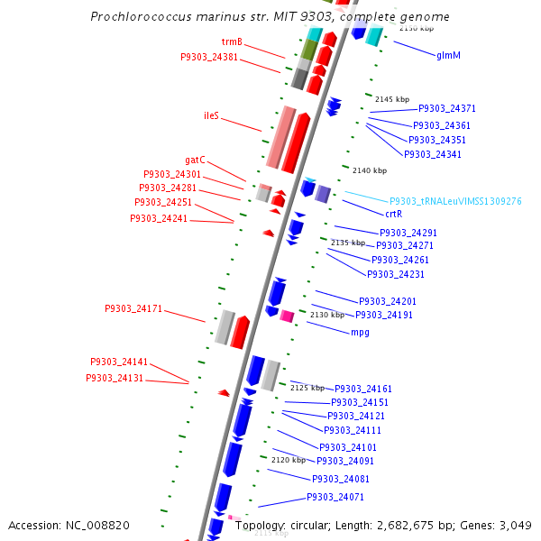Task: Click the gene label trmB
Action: coord(232,42)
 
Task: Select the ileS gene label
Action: coord(212,115)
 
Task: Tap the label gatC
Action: coord(196,160)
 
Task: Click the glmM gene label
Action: coord(448,55)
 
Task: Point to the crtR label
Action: coord(393,215)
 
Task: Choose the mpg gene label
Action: coord(360,333)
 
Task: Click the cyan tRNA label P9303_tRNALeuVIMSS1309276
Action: coord(455,201)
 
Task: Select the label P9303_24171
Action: coord(133,308)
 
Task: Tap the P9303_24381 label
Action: coord(209,57)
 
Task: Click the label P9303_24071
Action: coord(335,497)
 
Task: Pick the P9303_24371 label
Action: coord(447,108)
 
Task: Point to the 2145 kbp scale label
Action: coord(392,99)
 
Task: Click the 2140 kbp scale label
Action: coord(370,170)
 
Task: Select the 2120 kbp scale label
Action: coord(288,460)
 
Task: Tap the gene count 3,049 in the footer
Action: coord(516,525)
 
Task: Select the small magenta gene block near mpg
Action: coord(287,316)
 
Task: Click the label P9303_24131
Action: coord(115,378)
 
